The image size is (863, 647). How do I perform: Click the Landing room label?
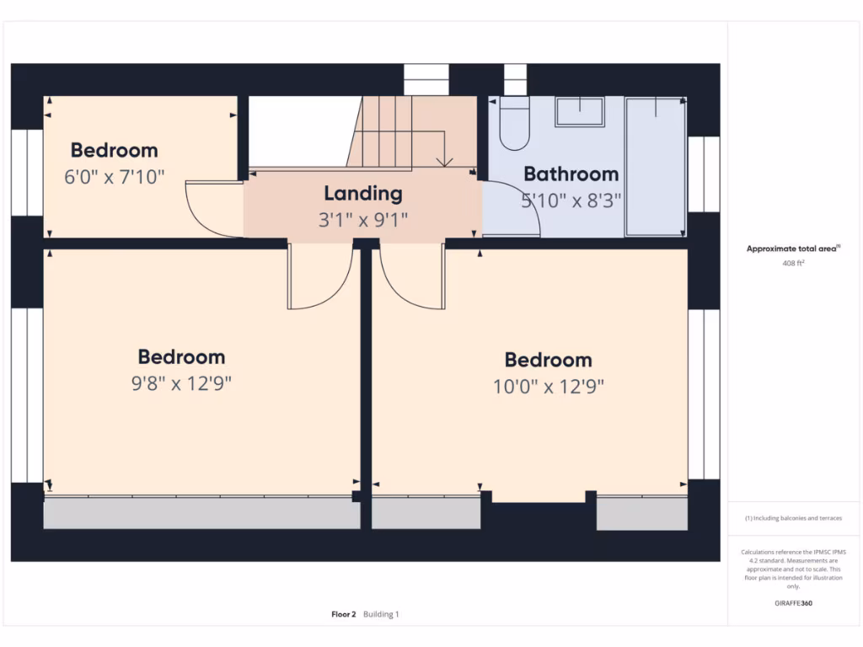[x=362, y=193]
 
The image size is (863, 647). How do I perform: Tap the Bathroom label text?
[x=571, y=174]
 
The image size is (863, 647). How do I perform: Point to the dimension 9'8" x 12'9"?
[x=181, y=383]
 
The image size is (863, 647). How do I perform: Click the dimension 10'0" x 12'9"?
[x=549, y=387]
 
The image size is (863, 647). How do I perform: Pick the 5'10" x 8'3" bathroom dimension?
[x=571, y=201]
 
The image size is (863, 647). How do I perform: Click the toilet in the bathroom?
[x=512, y=123]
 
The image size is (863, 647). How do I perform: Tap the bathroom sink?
[x=579, y=111]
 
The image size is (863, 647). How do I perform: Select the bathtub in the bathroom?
[x=655, y=166]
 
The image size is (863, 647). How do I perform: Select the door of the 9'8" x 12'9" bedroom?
[x=320, y=278]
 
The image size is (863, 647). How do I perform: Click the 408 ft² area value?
[x=793, y=263]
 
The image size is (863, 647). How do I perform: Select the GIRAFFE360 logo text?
[x=793, y=603]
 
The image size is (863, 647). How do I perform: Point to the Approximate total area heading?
[x=792, y=249]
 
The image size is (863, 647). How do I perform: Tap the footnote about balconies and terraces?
[x=793, y=518]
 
